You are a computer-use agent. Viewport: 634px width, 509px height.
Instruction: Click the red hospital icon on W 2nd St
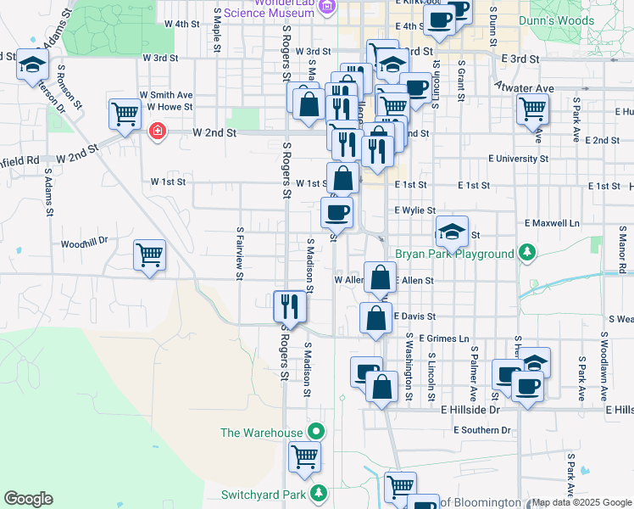157,131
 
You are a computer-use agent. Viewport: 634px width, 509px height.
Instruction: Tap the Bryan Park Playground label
454,254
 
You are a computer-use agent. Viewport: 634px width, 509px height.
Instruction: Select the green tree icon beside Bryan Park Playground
527,252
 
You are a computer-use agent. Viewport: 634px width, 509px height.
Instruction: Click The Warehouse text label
261,433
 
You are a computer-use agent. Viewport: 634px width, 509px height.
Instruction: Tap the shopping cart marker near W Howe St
125,113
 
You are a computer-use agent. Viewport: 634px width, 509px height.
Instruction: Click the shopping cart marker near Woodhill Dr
150,254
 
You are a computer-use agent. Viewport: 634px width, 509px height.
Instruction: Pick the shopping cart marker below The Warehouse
305,456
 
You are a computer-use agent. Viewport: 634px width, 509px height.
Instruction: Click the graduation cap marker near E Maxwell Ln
452,231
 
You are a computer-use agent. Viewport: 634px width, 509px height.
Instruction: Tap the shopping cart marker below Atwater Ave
532,108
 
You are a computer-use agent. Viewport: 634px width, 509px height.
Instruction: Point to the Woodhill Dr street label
85,241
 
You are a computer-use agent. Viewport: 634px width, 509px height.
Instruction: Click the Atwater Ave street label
526,87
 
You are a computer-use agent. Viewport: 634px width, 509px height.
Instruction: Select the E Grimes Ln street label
443,338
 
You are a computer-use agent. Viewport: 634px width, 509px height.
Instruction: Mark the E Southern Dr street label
482,430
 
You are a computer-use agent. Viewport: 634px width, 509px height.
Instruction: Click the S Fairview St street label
241,253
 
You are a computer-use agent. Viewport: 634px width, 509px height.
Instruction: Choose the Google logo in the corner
28,499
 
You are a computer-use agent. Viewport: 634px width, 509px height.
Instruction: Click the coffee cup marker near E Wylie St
337,210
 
